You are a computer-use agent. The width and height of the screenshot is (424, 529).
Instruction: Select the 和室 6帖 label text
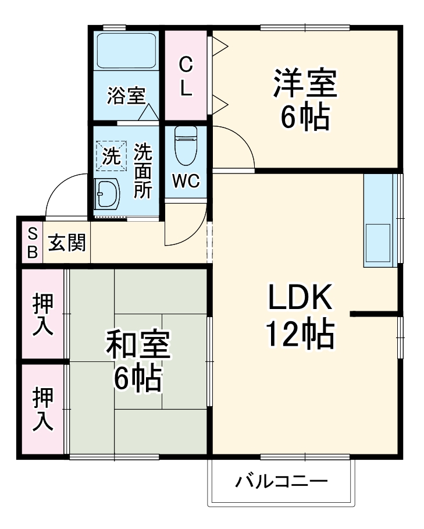137,361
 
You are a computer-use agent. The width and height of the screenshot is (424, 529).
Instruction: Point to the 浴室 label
126,95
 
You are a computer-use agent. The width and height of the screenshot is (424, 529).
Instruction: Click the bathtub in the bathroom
126,51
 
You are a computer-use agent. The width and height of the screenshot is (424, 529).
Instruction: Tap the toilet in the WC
186,147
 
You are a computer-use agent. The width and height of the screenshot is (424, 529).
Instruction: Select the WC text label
186,182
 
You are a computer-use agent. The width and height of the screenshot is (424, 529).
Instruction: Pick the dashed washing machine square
111,155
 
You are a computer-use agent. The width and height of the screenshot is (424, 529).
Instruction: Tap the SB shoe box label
33,243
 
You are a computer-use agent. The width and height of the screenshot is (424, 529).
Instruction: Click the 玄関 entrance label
66,243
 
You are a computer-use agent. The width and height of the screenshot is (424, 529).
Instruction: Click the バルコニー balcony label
282,482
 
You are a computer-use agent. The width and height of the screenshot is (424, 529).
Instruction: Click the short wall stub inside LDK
375,314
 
